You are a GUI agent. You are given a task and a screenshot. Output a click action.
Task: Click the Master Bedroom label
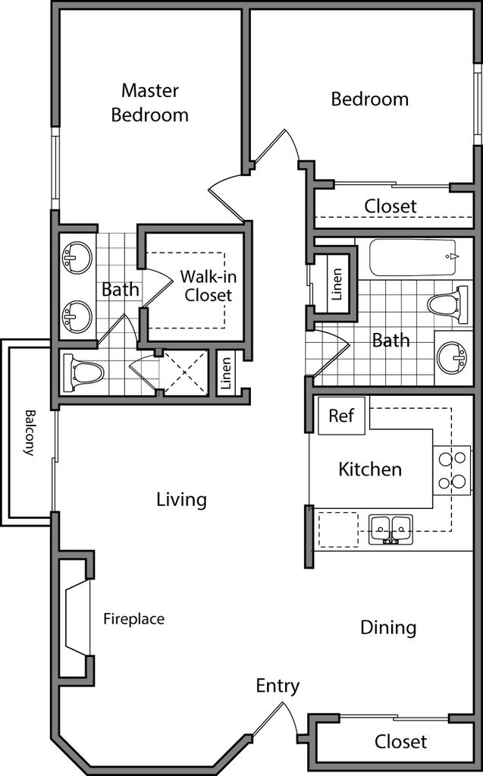150,103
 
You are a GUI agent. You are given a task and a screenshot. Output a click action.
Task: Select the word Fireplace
133,619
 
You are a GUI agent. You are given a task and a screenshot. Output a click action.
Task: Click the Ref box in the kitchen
340,416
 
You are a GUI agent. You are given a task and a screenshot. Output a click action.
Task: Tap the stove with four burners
452,469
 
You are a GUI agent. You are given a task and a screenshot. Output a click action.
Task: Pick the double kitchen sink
390,527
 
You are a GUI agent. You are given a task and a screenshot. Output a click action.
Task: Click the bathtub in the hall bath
413,258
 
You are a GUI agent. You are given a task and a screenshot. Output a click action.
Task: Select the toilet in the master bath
86,372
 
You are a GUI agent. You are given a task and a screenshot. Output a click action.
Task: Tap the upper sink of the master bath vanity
77,258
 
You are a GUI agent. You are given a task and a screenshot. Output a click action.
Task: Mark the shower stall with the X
186,372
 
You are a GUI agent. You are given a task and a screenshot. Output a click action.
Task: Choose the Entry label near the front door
278,686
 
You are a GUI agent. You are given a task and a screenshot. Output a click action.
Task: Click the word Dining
388,628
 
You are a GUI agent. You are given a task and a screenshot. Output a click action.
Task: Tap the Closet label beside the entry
401,741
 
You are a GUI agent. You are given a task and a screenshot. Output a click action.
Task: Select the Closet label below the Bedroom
390,206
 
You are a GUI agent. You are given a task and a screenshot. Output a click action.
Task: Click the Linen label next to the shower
226,373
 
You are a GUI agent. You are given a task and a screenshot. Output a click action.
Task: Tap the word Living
181,500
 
